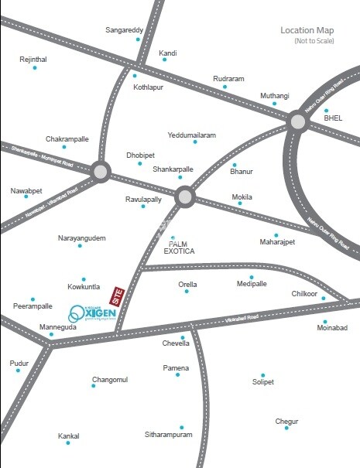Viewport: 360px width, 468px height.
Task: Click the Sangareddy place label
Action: [124, 30]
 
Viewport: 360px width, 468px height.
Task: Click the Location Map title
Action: [307, 30]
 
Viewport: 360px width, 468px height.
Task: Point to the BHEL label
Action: [333, 118]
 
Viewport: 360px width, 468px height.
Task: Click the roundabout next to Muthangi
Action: [298, 121]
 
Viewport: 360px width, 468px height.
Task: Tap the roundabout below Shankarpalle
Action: [184, 197]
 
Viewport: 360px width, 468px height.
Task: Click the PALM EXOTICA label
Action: [180, 248]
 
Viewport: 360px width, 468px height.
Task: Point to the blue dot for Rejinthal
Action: [35, 68]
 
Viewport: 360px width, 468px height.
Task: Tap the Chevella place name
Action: [176, 343]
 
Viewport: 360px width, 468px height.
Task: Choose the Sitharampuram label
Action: [168, 436]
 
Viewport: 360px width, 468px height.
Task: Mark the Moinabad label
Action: [333, 328]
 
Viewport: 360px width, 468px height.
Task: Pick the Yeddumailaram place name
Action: [191, 135]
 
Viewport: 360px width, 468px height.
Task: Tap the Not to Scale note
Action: [310, 40]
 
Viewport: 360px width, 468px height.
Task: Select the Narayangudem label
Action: [81, 238]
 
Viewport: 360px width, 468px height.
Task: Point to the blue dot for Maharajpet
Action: [276, 235]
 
